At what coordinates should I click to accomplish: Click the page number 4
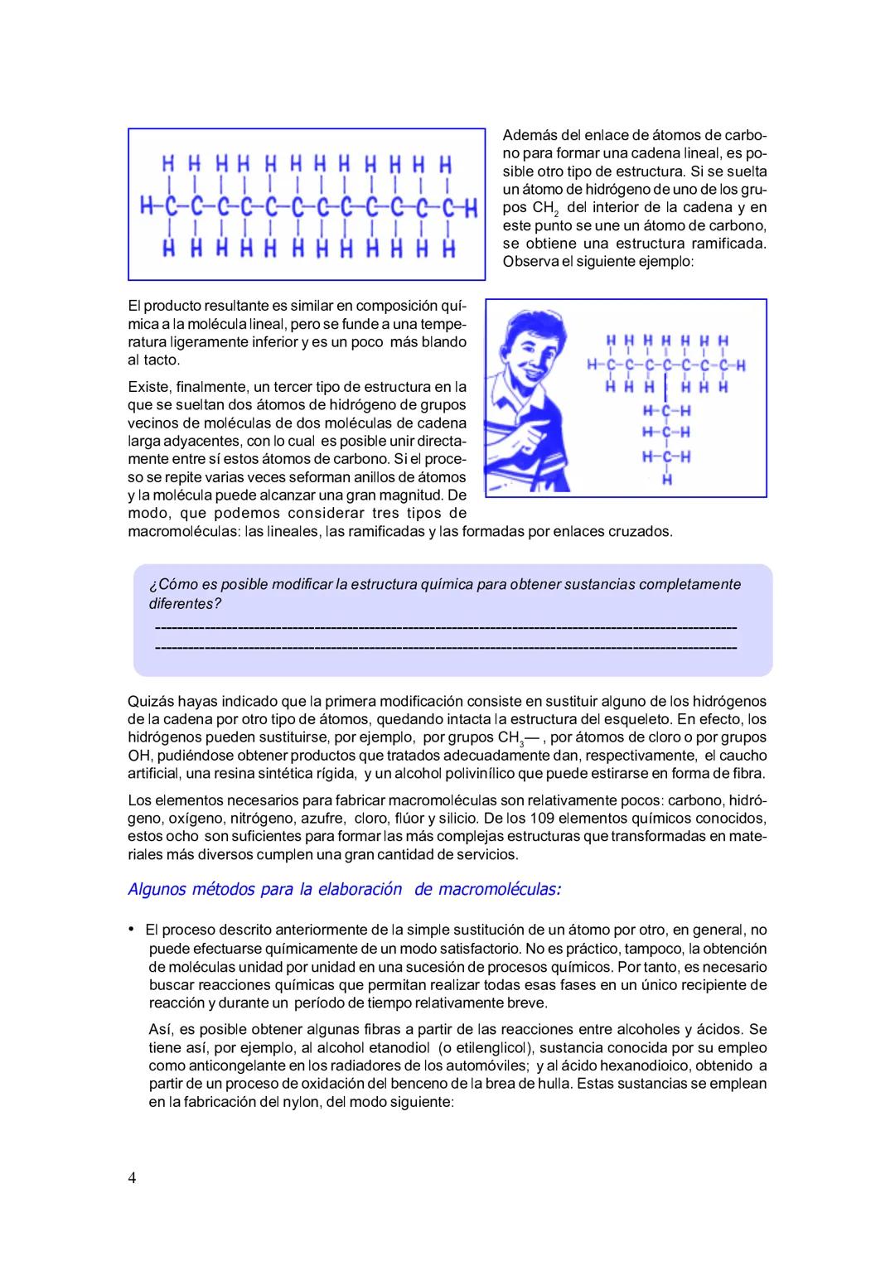133,1178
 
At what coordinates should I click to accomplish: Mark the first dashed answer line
445,626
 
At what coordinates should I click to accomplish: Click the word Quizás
151,701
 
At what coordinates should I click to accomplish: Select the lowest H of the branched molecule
666,479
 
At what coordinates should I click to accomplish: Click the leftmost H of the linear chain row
147,205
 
